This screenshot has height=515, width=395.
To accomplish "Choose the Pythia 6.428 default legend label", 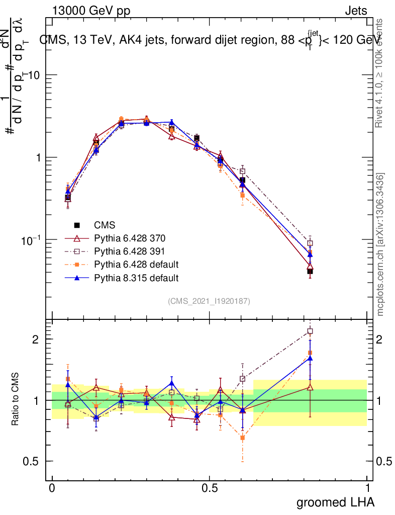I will tap(136, 264).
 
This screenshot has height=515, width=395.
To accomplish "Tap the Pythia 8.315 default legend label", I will tap(136, 277).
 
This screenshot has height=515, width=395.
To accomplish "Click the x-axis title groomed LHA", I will tap(335, 502).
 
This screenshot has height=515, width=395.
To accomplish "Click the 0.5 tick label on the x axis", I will tap(210, 487).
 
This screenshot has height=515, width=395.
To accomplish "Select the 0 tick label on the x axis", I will tap(52, 487).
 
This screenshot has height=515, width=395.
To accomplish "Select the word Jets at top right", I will tap(355, 11).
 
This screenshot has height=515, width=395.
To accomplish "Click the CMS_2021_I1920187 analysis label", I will tap(209, 301).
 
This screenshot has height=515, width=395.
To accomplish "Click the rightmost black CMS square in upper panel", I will tap(310, 271).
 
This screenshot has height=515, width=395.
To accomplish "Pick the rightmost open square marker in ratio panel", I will tap(310, 331).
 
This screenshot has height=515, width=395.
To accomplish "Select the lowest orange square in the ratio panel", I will tap(243, 438).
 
